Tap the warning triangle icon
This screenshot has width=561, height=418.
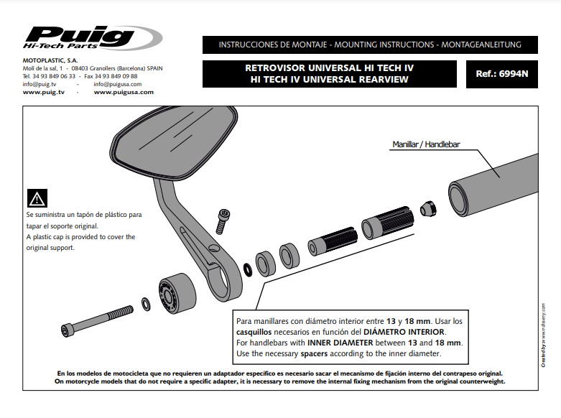click(x=37, y=199)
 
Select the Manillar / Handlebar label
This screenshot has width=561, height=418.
click(x=425, y=144)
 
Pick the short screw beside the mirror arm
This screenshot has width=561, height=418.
click(x=224, y=220)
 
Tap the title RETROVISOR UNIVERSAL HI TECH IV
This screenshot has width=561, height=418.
click(x=330, y=67)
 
